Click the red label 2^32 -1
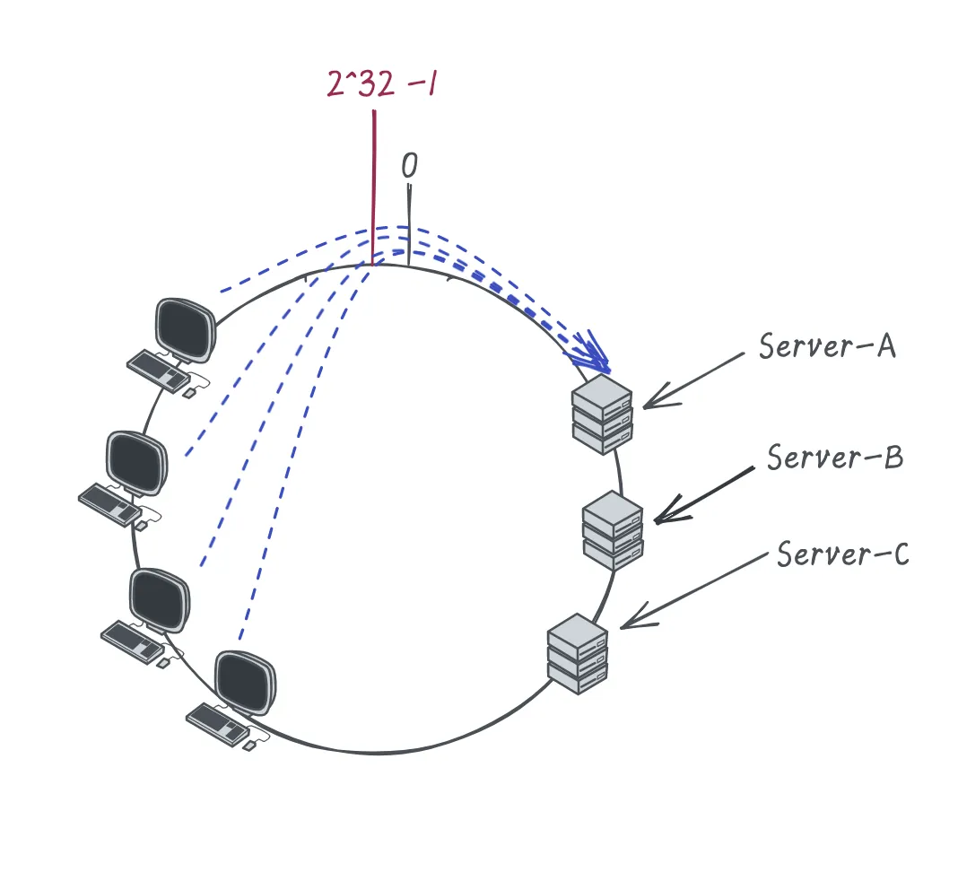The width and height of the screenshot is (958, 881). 382,83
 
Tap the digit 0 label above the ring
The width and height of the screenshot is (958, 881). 409,165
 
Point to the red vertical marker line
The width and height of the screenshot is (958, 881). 373,188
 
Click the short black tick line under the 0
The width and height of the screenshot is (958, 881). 409,225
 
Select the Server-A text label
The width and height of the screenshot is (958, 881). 827,345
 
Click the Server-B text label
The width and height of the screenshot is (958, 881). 835,457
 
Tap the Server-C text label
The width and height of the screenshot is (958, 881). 842,554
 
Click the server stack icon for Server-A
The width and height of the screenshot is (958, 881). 602,414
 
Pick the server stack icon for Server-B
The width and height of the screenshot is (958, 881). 613,530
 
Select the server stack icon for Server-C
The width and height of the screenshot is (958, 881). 578,654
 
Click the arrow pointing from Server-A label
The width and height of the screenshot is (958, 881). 693,380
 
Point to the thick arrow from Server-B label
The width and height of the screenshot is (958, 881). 704,495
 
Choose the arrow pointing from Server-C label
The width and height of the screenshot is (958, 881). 693,591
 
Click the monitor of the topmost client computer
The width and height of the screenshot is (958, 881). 185,330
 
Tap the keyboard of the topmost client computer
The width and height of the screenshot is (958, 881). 158,371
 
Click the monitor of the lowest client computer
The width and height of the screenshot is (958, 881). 245,683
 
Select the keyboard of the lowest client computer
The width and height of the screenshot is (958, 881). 217,725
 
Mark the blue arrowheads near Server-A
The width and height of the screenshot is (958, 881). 589,353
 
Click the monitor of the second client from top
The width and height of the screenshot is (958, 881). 136,463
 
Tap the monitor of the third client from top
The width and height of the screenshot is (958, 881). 160,600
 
